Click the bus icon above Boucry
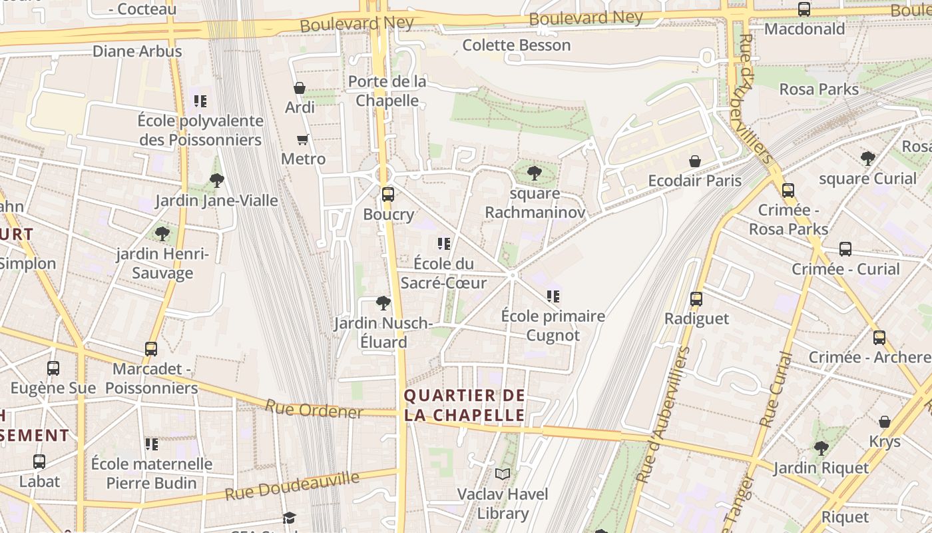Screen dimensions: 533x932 (x=387, y=195)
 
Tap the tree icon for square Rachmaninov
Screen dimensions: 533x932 (x=534, y=174)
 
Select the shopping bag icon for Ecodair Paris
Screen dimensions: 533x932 (x=695, y=161)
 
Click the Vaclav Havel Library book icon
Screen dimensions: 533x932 (x=503, y=474)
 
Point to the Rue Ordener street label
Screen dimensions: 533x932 (x=314, y=409)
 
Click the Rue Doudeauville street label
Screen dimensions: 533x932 (x=292, y=486)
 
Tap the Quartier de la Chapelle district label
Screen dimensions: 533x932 (x=465, y=405)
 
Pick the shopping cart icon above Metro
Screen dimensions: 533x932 (x=303, y=139)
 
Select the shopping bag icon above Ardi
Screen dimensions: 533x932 (x=300, y=88)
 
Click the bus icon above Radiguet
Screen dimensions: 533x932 (x=696, y=299)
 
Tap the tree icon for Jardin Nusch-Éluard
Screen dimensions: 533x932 (x=383, y=303)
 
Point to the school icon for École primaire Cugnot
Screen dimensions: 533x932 (x=553, y=296)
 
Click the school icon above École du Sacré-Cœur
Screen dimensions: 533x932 (x=444, y=244)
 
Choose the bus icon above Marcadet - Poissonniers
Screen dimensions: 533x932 (x=151, y=349)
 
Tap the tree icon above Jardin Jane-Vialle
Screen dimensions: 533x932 (x=216, y=180)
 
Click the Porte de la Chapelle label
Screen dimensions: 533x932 (x=387, y=91)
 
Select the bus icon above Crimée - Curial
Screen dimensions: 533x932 (x=845, y=249)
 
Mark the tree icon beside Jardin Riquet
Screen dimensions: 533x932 (x=821, y=448)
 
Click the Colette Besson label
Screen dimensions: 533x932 (x=517, y=45)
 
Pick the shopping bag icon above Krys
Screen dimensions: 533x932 (x=885, y=422)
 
